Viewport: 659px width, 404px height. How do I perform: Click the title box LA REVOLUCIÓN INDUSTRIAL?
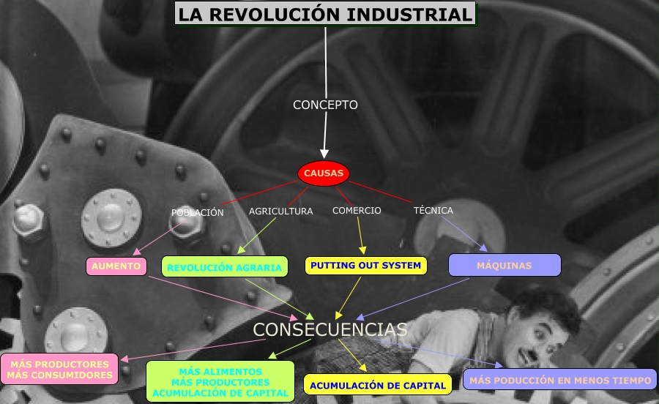click(x=324, y=13)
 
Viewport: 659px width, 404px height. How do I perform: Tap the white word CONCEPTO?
click(x=325, y=105)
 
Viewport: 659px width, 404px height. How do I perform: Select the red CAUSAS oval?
click(x=323, y=173)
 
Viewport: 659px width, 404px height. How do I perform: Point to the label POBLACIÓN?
click(x=197, y=212)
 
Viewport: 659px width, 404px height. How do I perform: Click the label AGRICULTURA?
click(x=280, y=211)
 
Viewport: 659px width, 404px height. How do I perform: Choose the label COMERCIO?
click(x=357, y=210)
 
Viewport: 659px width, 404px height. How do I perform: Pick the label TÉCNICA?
click(x=433, y=210)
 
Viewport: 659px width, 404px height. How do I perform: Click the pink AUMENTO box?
click(x=116, y=266)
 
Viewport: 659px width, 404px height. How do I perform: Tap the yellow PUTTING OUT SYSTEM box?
click(x=365, y=265)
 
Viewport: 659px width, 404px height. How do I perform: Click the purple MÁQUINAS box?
click(x=504, y=265)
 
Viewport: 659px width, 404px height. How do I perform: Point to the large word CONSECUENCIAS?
click(x=329, y=329)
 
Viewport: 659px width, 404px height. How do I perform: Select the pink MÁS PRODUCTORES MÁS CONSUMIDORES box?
click(x=60, y=370)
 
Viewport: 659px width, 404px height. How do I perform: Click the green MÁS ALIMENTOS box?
click(x=220, y=381)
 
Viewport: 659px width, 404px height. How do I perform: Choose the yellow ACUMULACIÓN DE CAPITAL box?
click(x=377, y=385)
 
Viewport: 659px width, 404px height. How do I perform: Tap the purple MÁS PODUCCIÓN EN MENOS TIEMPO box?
click(x=559, y=380)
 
